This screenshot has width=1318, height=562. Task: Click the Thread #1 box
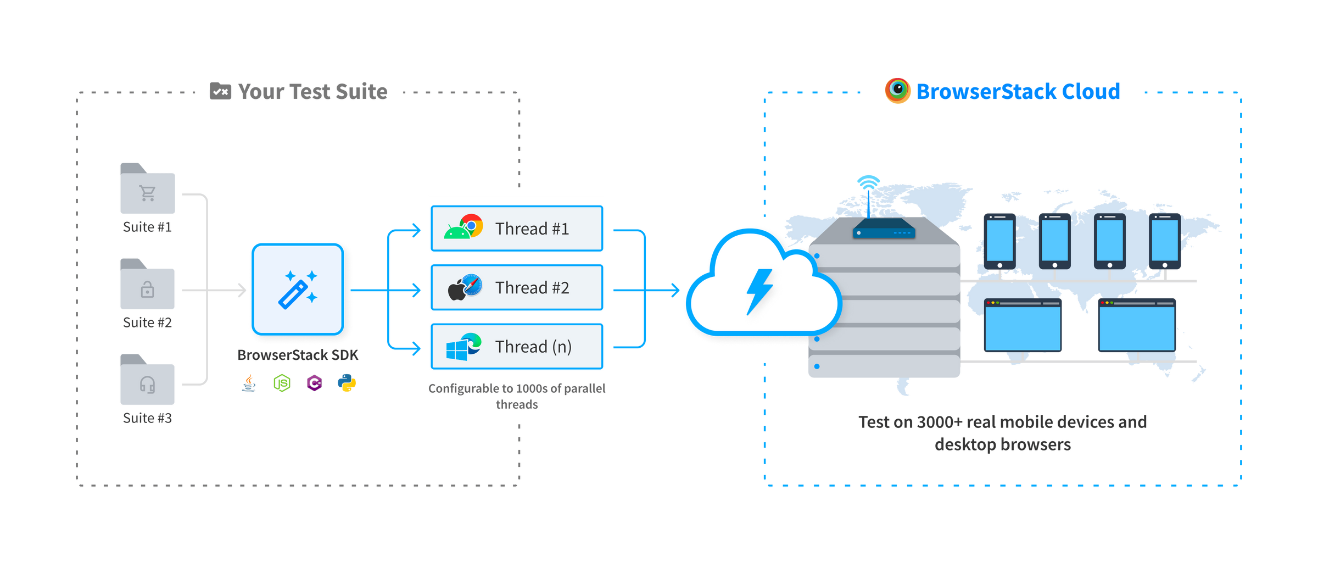(517, 229)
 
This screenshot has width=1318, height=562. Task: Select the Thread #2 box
(517, 287)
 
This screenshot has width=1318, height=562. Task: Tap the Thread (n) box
(517, 347)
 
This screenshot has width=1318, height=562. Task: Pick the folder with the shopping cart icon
(148, 190)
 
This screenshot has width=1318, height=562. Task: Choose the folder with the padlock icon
(148, 286)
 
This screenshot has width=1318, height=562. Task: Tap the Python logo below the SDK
(347, 383)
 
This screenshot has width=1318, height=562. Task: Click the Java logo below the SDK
(249, 383)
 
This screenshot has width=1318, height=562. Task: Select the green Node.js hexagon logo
(282, 383)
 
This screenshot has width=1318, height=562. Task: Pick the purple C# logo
(314, 383)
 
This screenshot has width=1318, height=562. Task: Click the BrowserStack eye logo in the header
(897, 91)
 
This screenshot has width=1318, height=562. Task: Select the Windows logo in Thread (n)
(456, 350)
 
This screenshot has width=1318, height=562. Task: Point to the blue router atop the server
(884, 229)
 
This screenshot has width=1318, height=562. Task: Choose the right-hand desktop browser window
(1137, 326)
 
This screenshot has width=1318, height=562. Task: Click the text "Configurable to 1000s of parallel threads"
(517, 396)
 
